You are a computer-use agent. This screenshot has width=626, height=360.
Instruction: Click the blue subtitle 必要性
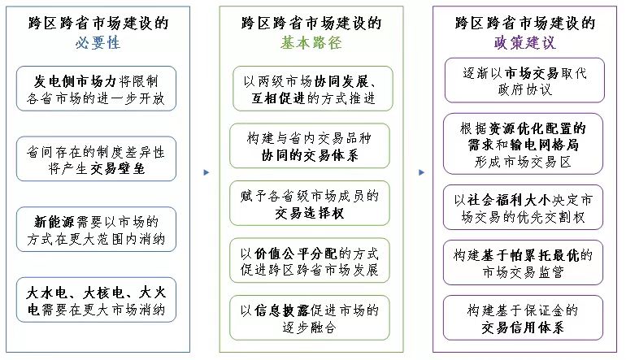click(98, 43)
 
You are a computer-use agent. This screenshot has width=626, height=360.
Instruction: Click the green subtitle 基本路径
click(311, 43)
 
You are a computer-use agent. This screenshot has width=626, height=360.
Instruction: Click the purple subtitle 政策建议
click(524, 43)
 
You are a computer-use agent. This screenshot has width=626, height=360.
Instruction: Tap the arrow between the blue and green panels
click(206, 172)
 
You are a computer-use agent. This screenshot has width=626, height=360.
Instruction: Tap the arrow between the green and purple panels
click(421, 172)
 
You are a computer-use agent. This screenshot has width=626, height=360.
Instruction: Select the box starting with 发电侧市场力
click(96, 89)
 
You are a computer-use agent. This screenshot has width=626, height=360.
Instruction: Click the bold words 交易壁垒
click(117, 168)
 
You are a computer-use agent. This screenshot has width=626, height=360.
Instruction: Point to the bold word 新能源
click(54, 222)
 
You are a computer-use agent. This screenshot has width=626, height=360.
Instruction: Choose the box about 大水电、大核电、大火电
click(96, 300)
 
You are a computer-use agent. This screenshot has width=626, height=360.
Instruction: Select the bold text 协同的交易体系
click(310, 155)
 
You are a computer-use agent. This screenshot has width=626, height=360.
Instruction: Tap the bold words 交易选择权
click(310, 213)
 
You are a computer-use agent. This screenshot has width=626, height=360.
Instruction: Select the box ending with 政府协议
click(524, 80)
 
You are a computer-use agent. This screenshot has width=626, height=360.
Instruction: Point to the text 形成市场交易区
click(523, 162)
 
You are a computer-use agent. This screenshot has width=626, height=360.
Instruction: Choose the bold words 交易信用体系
click(523, 327)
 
